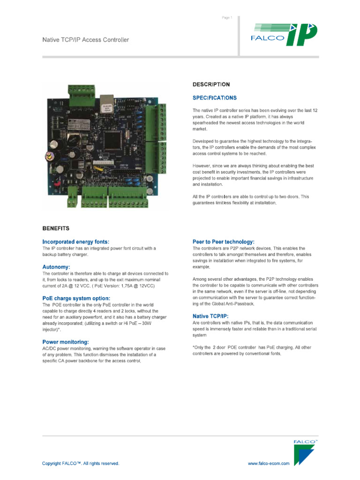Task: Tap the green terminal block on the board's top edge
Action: point(81,90)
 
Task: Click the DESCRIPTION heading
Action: point(211,85)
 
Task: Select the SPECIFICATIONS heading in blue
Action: point(215,98)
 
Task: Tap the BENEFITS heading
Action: point(56,229)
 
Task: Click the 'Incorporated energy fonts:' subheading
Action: point(75,241)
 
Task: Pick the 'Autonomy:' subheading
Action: point(56,266)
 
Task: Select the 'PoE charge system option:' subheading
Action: point(76,298)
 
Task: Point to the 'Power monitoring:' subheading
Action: point(65,342)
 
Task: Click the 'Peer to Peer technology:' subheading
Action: point(224,241)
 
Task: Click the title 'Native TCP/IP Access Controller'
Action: point(85,40)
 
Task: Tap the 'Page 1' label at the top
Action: point(226,18)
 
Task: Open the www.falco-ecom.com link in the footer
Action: point(268,464)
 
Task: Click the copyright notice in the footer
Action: point(81,464)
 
